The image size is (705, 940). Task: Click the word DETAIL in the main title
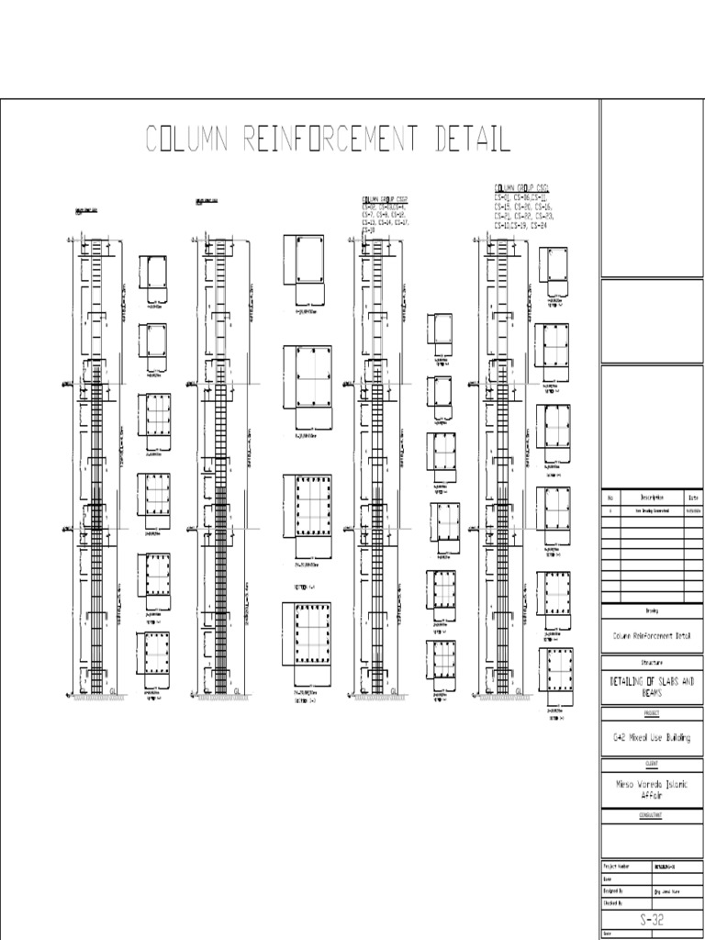click(465, 140)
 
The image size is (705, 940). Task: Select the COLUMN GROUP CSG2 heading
click(385, 198)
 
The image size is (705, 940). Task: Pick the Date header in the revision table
click(693, 498)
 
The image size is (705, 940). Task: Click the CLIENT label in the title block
click(652, 763)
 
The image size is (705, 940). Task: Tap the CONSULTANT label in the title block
click(652, 814)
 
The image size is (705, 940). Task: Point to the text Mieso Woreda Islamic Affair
click(652, 789)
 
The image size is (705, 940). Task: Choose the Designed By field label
click(613, 890)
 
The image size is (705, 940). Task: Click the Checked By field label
click(613, 902)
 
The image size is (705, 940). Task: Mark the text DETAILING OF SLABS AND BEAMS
click(652, 686)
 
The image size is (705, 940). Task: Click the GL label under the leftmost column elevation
click(112, 690)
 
